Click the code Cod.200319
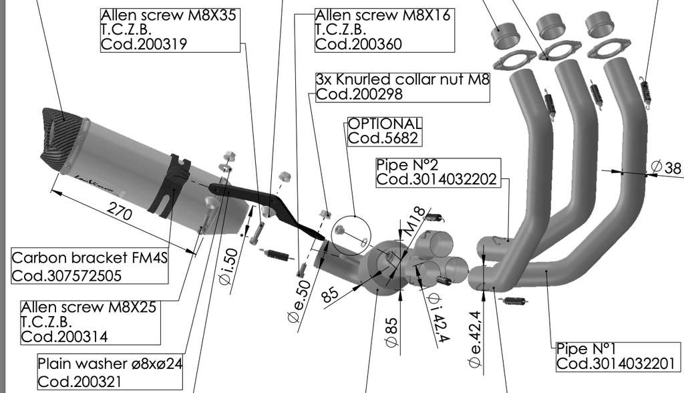point(144,45)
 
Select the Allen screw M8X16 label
point(383,15)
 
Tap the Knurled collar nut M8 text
point(403,80)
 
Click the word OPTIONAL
point(385,124)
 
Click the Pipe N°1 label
point(586,348)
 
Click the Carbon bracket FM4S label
point(88,259)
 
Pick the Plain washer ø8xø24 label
point(110,364)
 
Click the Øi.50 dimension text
point(228,265)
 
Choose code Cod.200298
point(359,94)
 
